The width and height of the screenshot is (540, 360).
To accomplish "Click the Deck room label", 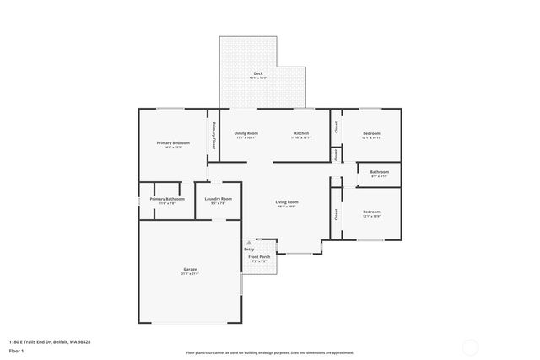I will tap(257, 74).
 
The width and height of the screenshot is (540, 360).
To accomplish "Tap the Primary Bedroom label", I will tap(173, 142).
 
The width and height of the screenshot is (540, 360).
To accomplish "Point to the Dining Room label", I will tap(246, 133).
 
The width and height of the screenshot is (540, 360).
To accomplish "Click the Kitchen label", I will tap(301, 133).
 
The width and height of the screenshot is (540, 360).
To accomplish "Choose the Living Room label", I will tap(287, 201).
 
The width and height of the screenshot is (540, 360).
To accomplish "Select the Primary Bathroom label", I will tap(161, 199).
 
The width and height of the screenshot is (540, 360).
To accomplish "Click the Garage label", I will tap(190, 269).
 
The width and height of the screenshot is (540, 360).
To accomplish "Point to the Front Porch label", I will tap(259, 257).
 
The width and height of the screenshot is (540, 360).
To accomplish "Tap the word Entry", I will tap(249, 249).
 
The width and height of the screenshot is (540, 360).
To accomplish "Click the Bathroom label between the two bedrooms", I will tap(379, 172).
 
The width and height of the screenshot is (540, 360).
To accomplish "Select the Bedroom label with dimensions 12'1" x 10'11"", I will tap(371, 133).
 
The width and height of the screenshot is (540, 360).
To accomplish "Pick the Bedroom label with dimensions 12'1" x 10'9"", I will tap(371, 212).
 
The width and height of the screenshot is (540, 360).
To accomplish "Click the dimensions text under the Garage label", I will tap(190, 274).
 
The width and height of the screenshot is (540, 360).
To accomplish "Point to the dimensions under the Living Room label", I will tap(287, 207).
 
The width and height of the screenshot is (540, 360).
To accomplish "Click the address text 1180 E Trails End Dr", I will tap(50, 341).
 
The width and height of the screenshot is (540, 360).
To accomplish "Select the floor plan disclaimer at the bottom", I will tap(270, 352).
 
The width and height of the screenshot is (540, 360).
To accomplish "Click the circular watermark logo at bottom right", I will tap(470, 345).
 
